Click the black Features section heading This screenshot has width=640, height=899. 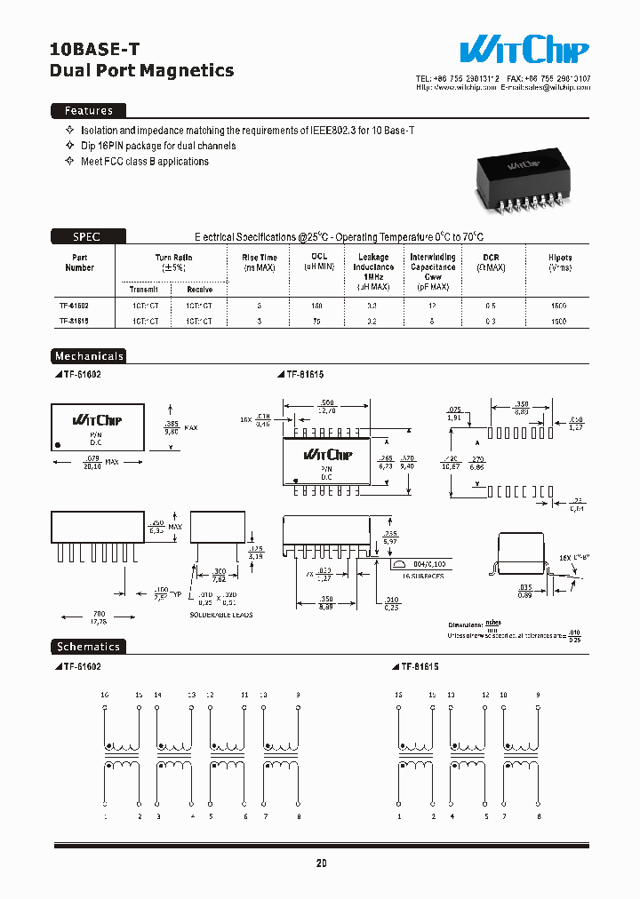click(88, 111)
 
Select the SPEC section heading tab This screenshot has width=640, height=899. click(87, 236)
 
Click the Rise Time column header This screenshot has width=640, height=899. click(260, 262)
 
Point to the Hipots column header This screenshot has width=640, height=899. click(560, 262)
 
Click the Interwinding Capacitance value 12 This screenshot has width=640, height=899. click(433, 305)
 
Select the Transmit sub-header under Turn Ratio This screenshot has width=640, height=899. click(143, 289)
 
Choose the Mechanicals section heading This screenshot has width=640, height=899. click(89, 356)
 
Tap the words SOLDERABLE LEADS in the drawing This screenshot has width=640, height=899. click(221, 615)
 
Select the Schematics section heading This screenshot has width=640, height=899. click(88, 647)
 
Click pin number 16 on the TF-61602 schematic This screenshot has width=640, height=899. click(104, 693)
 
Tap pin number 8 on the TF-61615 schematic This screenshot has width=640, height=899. click(539, 815)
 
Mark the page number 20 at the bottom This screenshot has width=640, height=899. click(320, 863)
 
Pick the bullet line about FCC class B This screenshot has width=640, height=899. click(145, 162)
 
